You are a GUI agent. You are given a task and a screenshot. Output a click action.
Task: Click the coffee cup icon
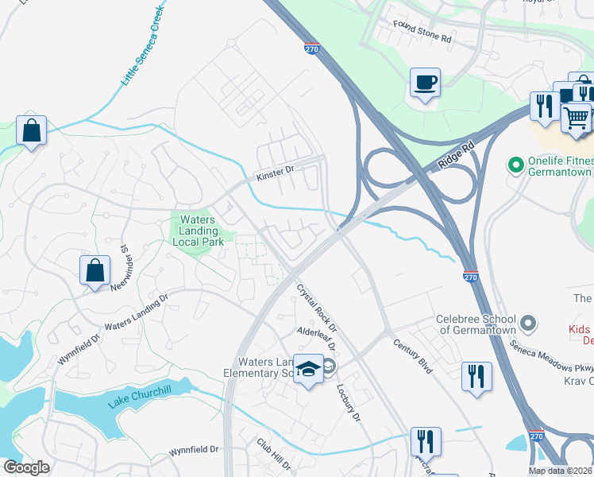pos(425,82)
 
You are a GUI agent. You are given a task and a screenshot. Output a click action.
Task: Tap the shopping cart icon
pos(576,118)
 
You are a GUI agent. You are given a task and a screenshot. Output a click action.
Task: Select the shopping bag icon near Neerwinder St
pos(94,270)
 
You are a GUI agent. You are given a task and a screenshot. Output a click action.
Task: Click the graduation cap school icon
pos(308,369)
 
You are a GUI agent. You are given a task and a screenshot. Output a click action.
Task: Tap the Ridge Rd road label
pos(457,155)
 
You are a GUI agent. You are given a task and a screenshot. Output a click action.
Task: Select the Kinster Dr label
pos(275,170)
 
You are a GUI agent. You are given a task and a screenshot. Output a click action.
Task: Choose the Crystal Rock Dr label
pos(317,308)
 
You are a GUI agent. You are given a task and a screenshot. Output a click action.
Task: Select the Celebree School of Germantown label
pos(476,324)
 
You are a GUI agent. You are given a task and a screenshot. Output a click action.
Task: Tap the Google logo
pos(27,467)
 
